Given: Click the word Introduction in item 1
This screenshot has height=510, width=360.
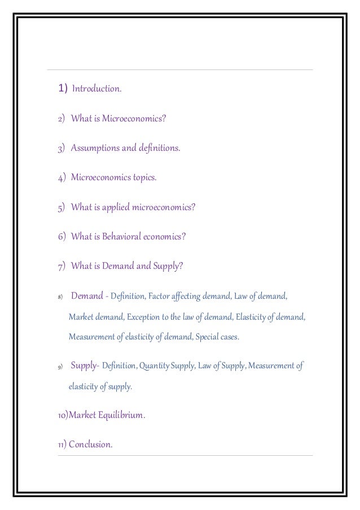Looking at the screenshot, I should coord(96,89).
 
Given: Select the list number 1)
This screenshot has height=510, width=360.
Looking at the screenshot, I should coord(62,89).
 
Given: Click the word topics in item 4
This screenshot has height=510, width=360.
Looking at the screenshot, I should coord(144,178).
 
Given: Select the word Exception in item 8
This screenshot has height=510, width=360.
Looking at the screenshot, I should coord(145,317).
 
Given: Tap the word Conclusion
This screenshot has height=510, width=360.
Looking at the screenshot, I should coord(90,444).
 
